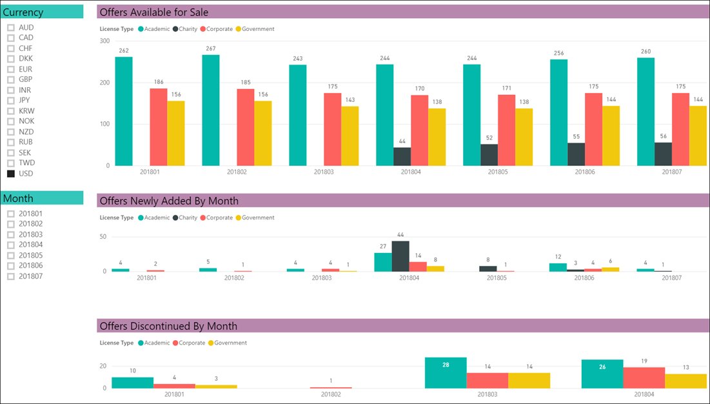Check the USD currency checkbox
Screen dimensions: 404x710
11,174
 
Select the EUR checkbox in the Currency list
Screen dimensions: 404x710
11,69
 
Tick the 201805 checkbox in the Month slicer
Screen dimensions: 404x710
11,256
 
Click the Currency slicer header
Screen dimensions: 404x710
42,12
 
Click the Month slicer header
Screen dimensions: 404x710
42,198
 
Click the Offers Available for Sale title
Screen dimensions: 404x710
154,12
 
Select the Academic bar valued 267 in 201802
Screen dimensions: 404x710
211,110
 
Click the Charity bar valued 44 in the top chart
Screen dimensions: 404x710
402,156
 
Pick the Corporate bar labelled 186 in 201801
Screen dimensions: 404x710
159,126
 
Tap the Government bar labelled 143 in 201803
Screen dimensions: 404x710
350,136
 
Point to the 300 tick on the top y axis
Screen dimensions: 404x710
104,41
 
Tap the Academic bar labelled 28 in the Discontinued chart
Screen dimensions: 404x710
445,372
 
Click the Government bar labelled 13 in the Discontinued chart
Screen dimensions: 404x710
685,381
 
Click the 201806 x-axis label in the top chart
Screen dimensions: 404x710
584,172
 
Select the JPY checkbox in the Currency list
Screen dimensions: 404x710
11,101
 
